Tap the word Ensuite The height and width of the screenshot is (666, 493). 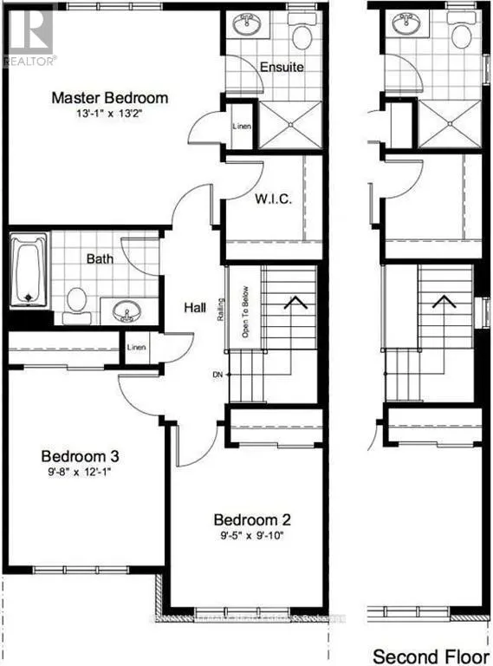(283, 68)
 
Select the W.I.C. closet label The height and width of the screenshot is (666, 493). (273, 199)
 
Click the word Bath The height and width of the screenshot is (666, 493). (101, 258)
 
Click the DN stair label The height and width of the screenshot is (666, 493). (217, 375)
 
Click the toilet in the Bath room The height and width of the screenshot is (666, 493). (77, 301)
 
